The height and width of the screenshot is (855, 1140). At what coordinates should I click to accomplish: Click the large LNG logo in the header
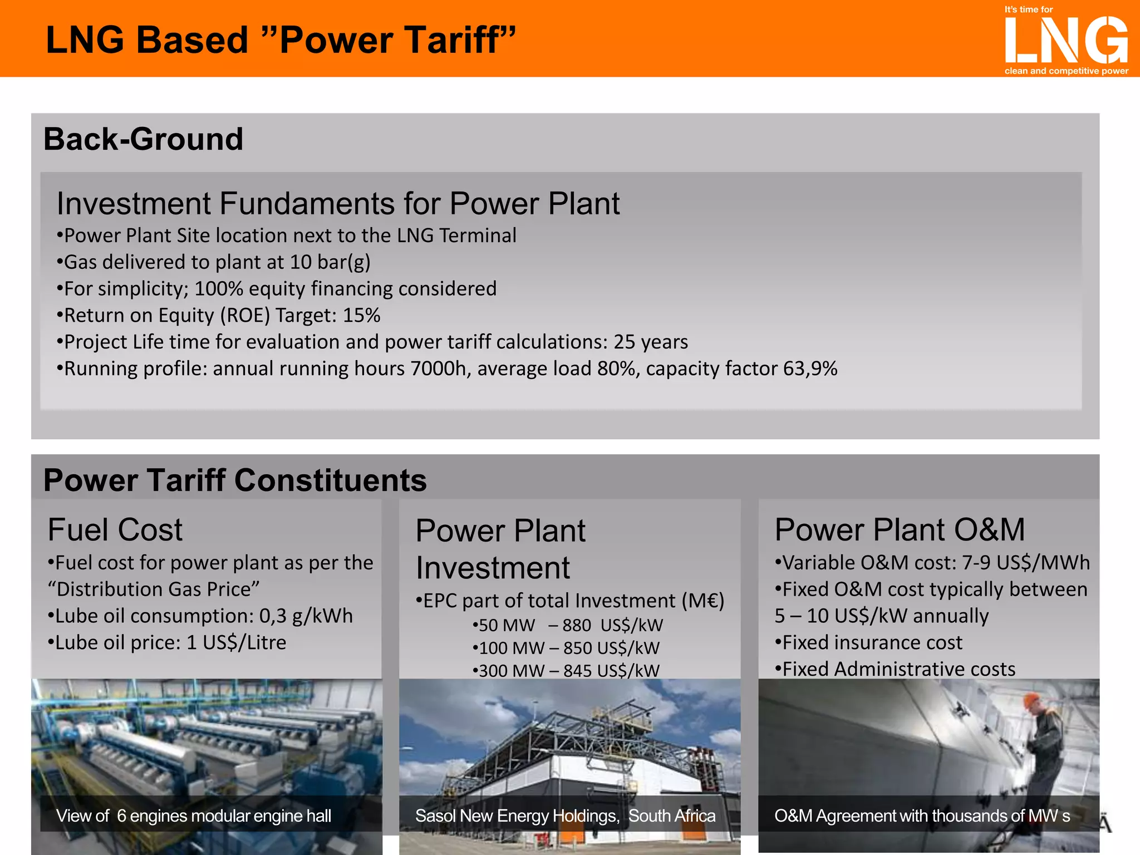(1066, 40)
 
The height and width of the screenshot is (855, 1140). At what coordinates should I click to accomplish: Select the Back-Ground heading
(143, 139)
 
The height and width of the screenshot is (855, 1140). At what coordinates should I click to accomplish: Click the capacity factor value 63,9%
(810, 369)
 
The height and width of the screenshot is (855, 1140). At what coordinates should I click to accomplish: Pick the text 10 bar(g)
(330, 262)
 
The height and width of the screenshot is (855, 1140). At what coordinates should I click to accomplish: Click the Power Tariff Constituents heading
(235, 480)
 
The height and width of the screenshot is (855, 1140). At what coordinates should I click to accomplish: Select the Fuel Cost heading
(115, 529)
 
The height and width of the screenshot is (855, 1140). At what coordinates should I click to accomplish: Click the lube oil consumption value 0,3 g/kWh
(306, 616)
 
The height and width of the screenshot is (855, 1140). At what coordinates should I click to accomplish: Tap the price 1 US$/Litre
(236, 643)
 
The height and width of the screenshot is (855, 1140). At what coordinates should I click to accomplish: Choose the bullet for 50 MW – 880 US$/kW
(568, 626)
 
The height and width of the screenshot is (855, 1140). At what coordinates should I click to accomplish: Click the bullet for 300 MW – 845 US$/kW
(566, 671)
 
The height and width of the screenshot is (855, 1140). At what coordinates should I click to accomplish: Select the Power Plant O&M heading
(900, 529)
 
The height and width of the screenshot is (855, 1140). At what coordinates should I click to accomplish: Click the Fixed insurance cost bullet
(868, 643)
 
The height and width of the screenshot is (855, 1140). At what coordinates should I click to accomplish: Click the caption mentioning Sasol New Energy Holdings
(565, 816)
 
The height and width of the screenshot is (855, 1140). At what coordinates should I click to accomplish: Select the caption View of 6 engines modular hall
(194, 816)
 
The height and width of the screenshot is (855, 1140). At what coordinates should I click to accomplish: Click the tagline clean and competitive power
(1066, 71)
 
